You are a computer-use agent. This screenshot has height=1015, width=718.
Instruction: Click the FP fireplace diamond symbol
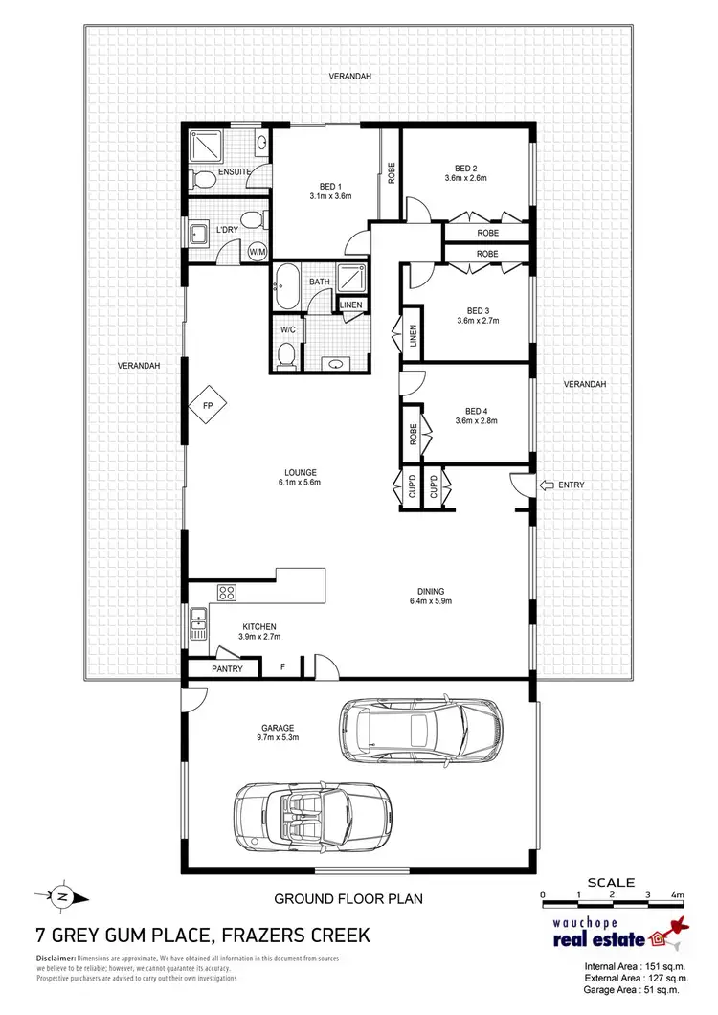point(207,406)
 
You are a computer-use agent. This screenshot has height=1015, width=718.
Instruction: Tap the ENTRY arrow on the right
point(549,485)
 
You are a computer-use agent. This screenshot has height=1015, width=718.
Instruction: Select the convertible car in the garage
point(311,812)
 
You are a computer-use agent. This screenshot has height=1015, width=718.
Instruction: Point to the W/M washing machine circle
point(257,252)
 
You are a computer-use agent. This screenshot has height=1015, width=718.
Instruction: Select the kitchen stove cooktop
point(227,593)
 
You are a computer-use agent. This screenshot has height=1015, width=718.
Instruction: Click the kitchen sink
point(199,624)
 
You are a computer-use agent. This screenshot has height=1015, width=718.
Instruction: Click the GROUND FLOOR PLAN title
point(348,899)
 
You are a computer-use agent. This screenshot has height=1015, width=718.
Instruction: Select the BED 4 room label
point(477,414)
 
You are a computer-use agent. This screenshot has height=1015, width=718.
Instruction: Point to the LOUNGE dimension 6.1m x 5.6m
point(300,483)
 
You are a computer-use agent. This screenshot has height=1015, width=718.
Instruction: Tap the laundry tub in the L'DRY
point(200,233)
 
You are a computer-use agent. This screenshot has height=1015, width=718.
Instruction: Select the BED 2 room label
point(466,169)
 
